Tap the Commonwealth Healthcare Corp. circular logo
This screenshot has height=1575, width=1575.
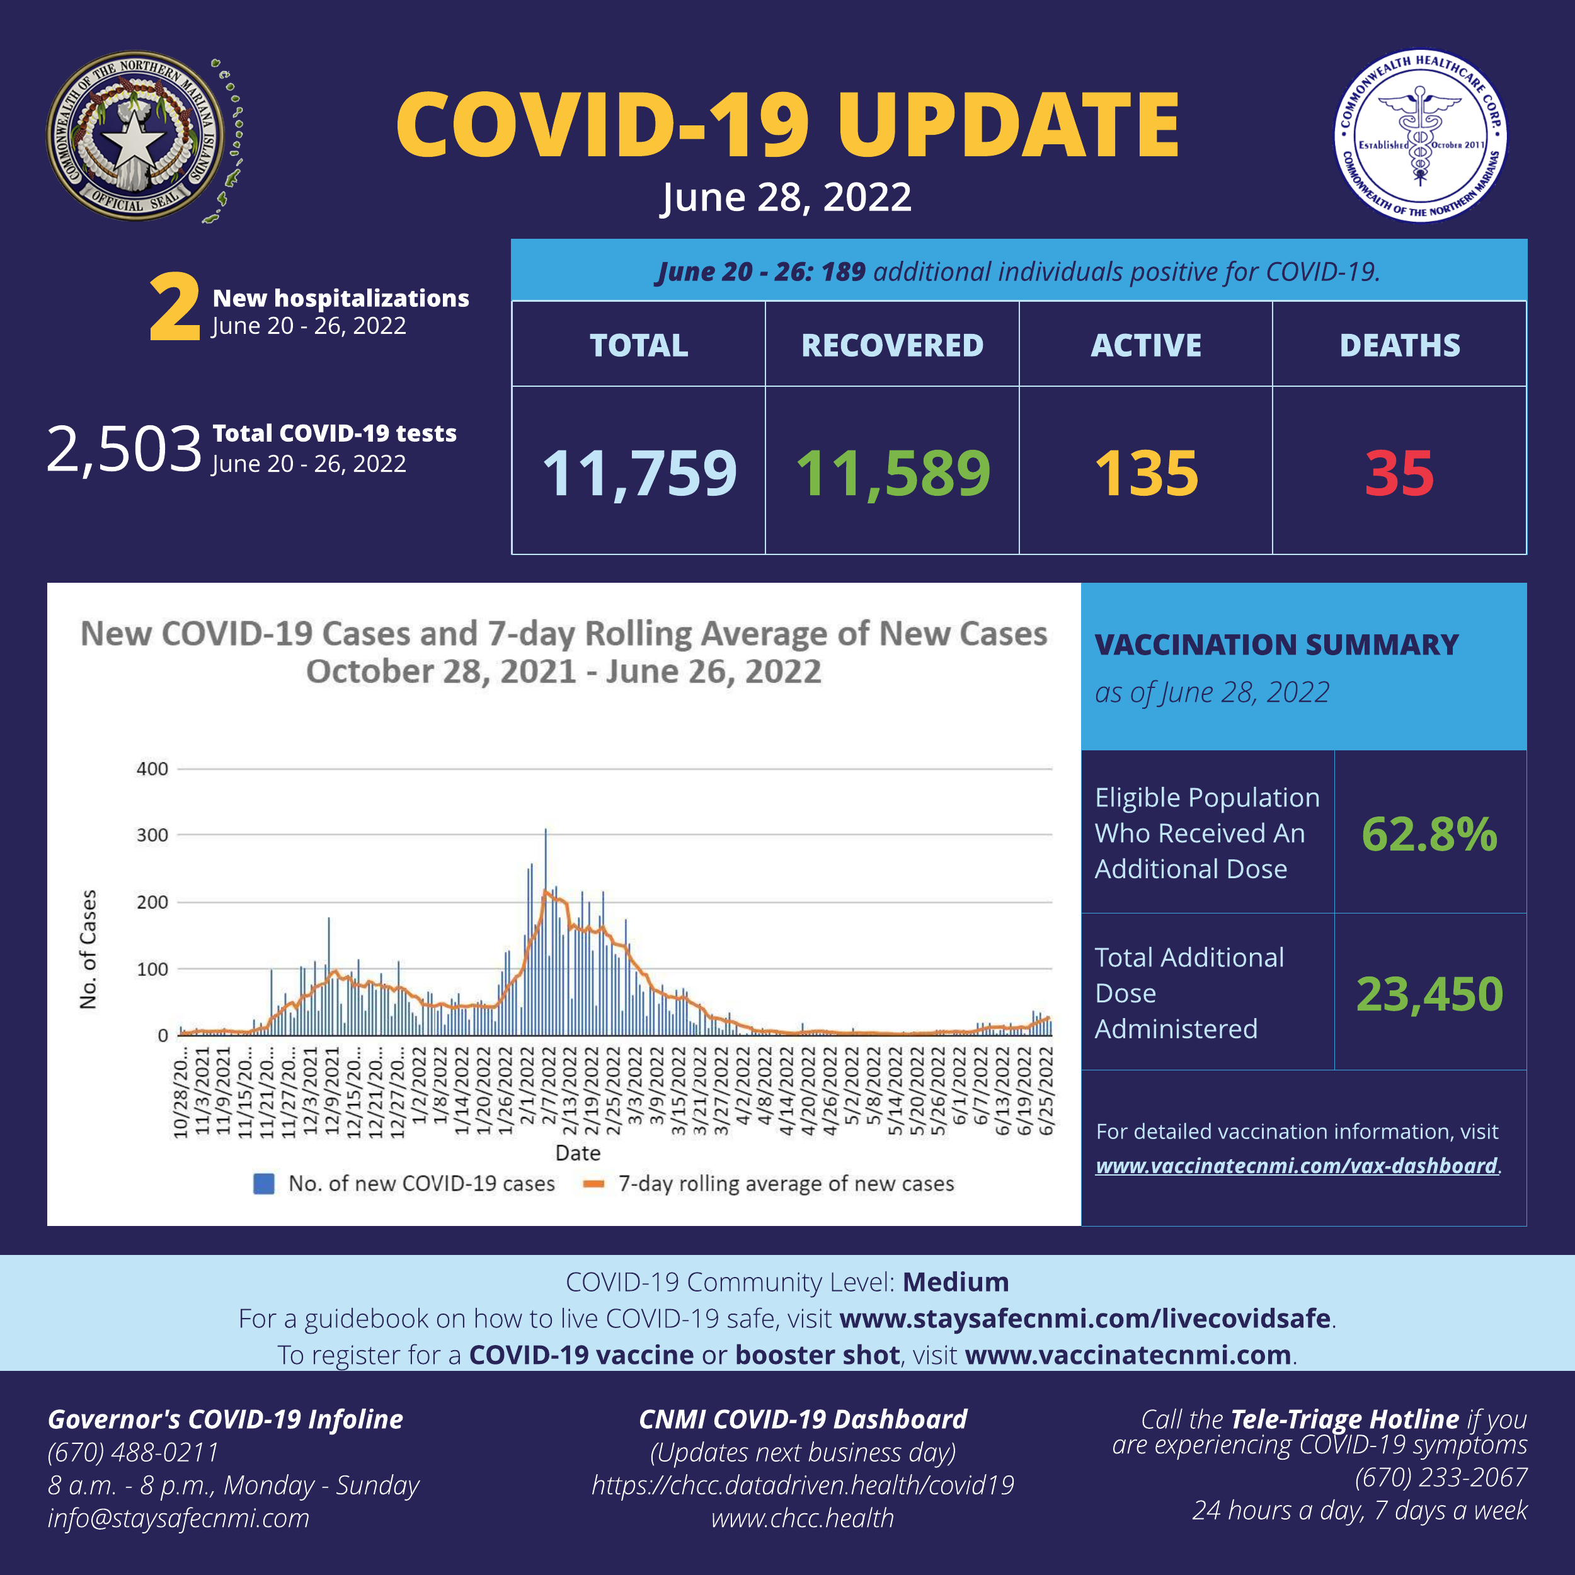(1419, 136)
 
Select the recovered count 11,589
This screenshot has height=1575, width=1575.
(893, 473)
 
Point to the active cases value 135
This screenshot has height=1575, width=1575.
(1146, 473)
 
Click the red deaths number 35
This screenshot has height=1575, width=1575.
(1399, 473)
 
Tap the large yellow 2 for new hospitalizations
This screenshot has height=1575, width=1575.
(174, 308)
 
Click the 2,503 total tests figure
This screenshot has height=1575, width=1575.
(124, 449)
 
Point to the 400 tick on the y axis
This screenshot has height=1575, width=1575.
(152, 769)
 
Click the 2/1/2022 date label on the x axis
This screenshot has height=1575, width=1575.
(527, 1091)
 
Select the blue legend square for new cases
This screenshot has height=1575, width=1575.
(263, 1184)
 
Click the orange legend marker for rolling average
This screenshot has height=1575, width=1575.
(593, 1184)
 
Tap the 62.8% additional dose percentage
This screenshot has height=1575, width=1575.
(1429, 834)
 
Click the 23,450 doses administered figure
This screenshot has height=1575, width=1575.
(1429, 994)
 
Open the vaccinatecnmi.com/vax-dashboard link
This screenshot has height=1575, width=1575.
(1296, 1165)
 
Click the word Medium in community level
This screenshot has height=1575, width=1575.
(956, 1282)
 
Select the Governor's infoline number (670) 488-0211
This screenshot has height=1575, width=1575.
(134, 1452)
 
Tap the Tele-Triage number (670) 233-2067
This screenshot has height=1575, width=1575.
(1440, 1477)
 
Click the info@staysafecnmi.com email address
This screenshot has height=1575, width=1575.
(178, 1518)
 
